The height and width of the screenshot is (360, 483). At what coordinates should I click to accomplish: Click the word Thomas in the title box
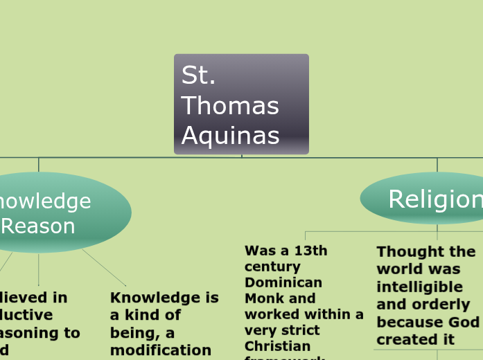pos(230,106)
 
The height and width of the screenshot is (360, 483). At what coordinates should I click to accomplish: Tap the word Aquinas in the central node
pos(230,135)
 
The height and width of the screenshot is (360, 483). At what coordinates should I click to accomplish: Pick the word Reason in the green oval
pos(38,226)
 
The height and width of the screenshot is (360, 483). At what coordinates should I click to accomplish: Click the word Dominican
pos(283,282)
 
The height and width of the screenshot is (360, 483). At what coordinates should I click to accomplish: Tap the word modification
pos(161,350)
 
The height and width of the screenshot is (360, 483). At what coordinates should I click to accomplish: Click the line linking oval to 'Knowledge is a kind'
pos(104,267)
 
